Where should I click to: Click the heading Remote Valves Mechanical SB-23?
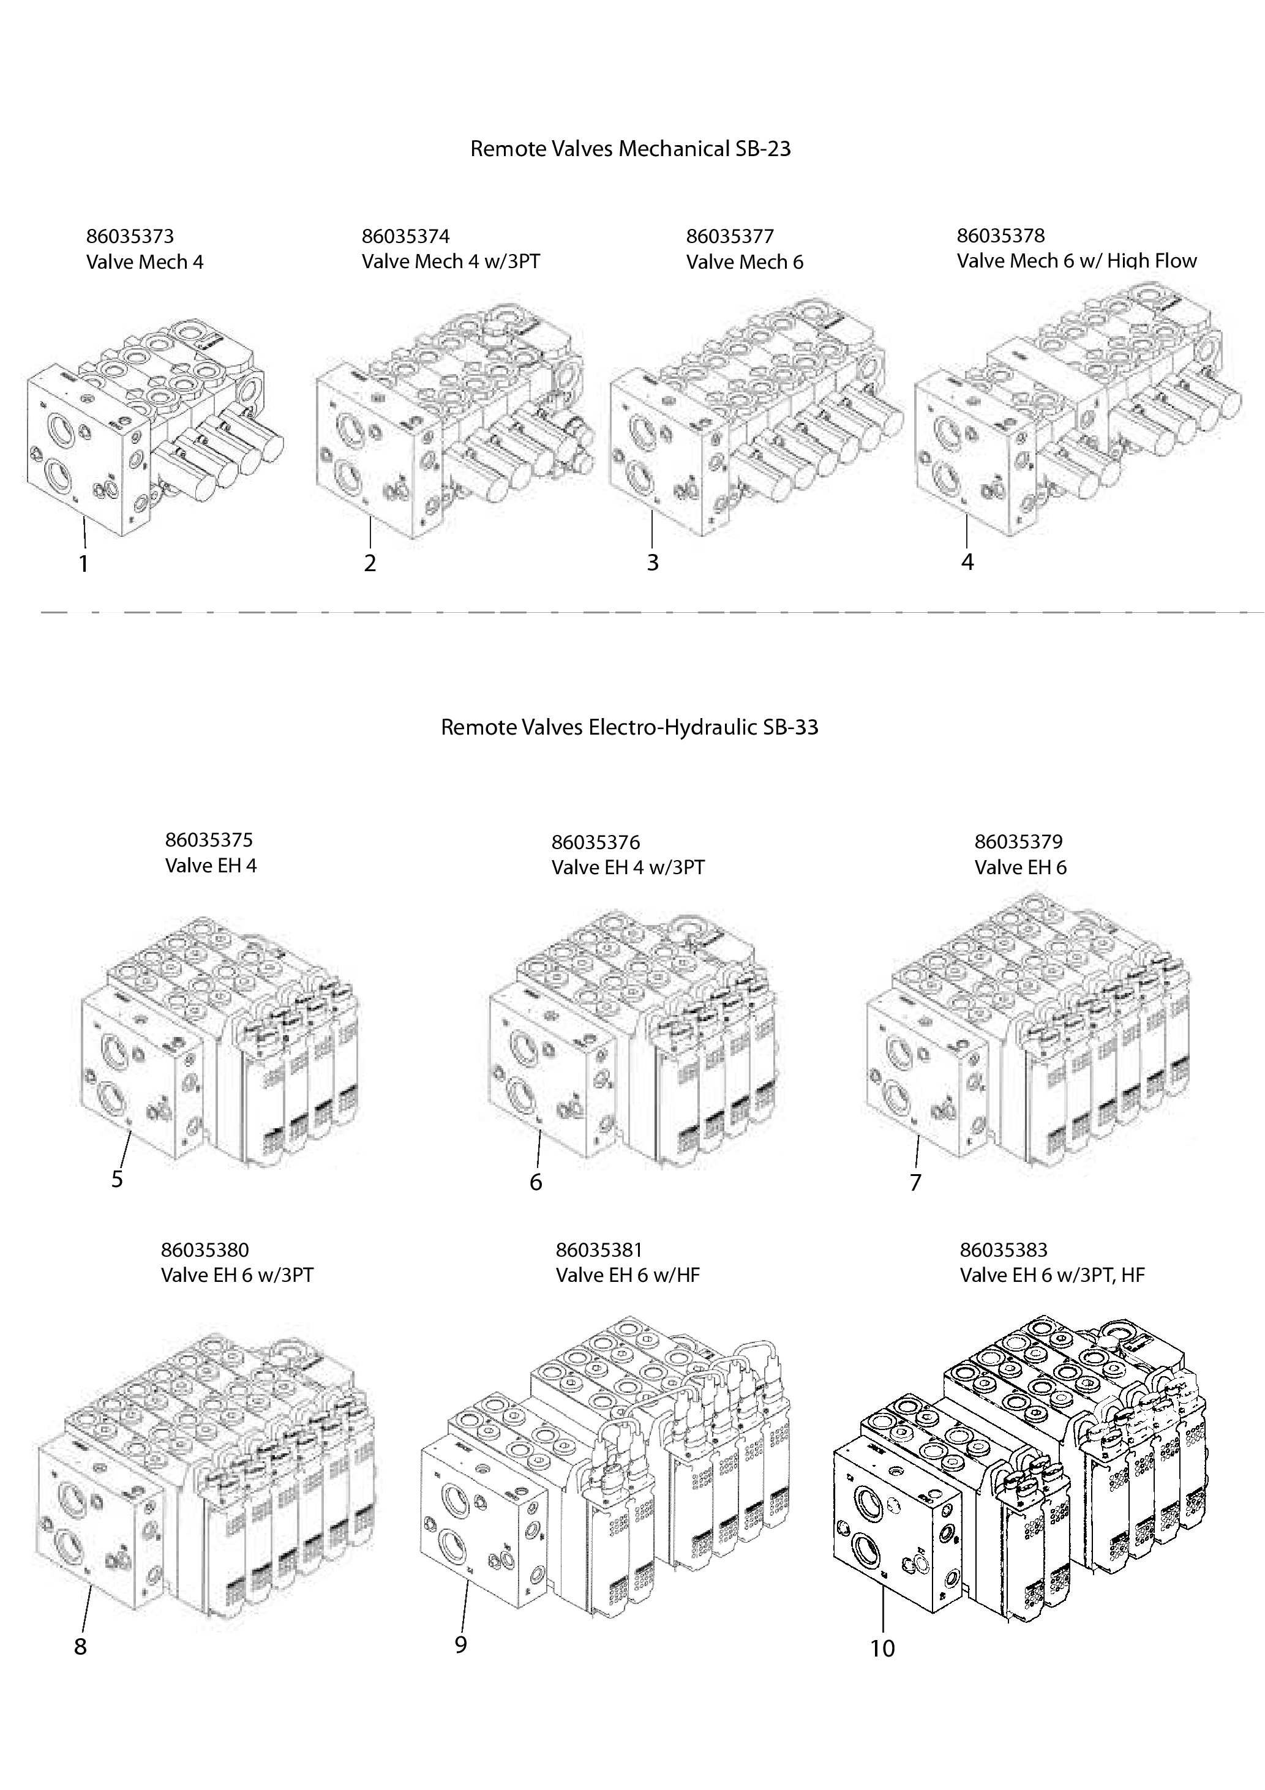[x=630, y=149]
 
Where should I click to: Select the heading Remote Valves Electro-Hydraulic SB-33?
[x=629, y=727]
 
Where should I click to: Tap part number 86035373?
[x=129, y=236]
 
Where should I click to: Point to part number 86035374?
[x=405, y=236]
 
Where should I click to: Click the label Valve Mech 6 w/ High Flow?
[x=1076, y=261]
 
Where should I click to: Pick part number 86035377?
[x=730, y=236]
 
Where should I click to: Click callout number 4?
[x=967, y=561]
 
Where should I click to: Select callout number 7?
[x=915, y=1183]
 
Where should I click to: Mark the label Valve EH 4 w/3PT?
[x=628, y=867]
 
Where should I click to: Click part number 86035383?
[x=1004, y=1251]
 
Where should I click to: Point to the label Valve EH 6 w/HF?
[x=628, y=1275]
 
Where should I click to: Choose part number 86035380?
[x=205, y=1251]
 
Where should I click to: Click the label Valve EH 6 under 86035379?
[x=1020, y=867]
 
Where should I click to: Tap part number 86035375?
[x=209, y=841]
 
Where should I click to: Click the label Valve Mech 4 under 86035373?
[x=145, y=262]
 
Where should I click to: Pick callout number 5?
[x=117, y=1180]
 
